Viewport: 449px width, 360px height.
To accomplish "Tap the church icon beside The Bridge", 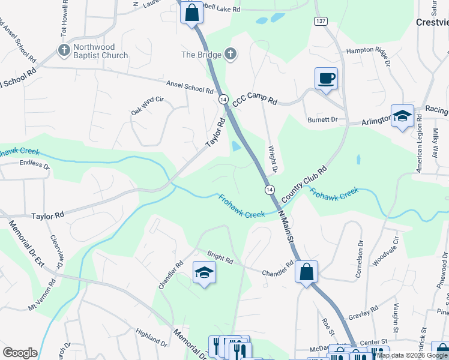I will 230,55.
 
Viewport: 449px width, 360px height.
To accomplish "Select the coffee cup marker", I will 326,79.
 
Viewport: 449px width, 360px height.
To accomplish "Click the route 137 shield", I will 319,22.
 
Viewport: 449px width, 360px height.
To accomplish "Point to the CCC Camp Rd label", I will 255,102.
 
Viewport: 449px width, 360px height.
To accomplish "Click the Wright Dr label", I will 273,158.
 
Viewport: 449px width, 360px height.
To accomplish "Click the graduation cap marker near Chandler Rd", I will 204,273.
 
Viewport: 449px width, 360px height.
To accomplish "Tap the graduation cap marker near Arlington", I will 402,116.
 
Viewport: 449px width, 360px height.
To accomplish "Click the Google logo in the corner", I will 20,353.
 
